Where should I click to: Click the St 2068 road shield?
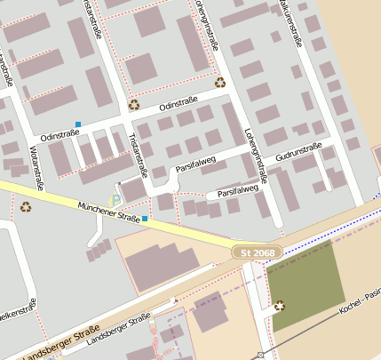tap(258, 253)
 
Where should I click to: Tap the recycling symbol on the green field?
tap(281, 307)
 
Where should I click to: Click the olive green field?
tap(306, 283)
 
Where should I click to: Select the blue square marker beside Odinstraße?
tap(78, 124)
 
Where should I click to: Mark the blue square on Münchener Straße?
tap(145, 218)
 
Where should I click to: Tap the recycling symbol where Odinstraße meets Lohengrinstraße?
tap(219, 83)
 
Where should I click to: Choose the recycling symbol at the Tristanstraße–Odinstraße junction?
tap(134, 104)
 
